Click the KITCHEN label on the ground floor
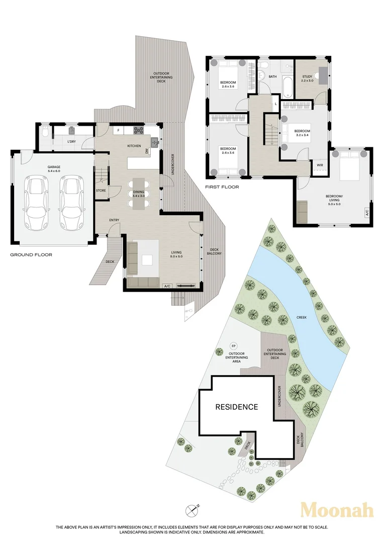pos(134,146)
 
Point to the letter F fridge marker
pos(118,130)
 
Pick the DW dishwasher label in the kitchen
pos(147,151)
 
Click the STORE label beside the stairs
pos(101,191)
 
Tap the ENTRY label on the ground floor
pos(114,220)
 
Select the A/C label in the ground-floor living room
pos(167,286)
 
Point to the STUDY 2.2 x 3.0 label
pos(307,78)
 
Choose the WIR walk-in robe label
pos(320,165)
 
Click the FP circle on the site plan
pos(233,345)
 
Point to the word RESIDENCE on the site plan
pos(237,407)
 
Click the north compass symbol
pos(192,510)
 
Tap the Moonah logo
pos(337,510)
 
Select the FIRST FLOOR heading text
pos(222,187)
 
